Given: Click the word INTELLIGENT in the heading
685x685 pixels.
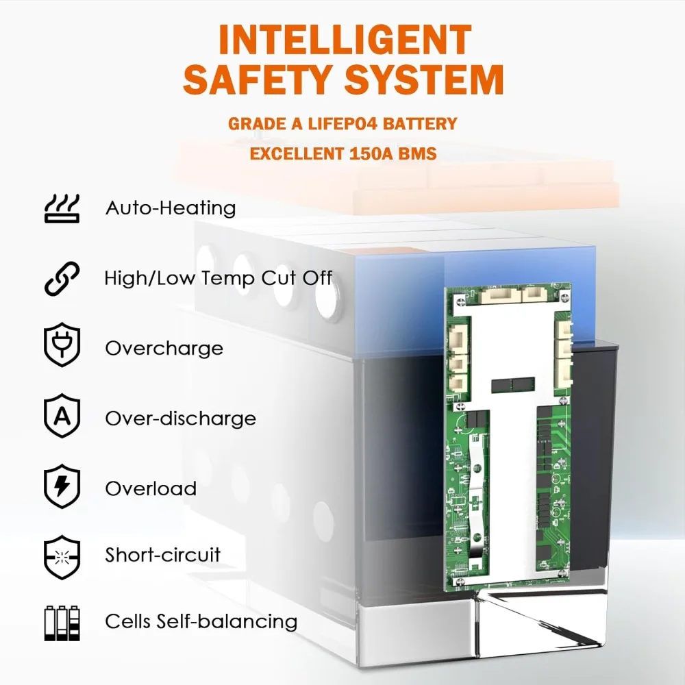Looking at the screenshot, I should click(345, 40).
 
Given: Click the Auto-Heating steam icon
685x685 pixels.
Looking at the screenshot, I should click(62, 208).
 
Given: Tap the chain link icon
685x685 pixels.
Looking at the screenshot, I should click(62, 279).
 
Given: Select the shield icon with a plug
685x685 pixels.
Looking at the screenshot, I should click(62, 348).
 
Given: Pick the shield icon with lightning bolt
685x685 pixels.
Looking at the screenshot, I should click(62, 488).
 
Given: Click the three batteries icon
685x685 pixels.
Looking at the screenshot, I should click(62, 622).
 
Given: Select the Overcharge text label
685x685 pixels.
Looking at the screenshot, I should click(164, 348).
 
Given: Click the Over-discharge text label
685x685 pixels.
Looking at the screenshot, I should click(180, 419).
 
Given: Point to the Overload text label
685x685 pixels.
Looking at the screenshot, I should click(151, 488).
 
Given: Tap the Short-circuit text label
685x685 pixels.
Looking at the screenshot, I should click(163, 554).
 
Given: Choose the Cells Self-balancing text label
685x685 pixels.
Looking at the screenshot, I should click(201, 622).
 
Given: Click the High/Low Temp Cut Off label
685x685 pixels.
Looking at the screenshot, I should click(219, 278).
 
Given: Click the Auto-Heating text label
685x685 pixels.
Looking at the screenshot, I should click(171, 208).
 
